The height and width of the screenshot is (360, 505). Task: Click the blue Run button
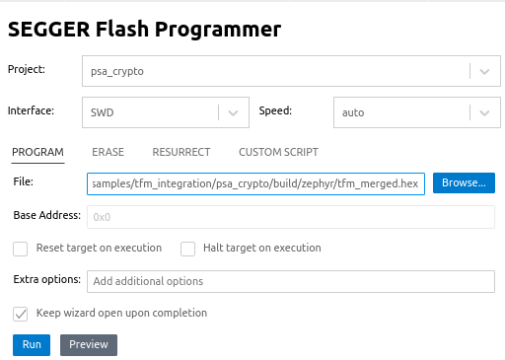click(x=32, y=344)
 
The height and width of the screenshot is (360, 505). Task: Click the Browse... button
click(x=464, y=183)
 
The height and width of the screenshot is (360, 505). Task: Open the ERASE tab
click(x=108, y=152)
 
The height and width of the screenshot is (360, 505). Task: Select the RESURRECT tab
click(x=181, y=152)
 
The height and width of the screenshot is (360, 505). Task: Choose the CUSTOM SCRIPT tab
click(x=278, y=152)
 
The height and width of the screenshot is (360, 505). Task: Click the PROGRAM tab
click(x=37, y=152)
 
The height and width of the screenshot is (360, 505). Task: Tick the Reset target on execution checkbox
click(x=21, y=249)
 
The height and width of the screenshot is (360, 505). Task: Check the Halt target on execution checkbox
click(x=188, y=249)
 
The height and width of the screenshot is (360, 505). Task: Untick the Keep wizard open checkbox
click(x=21, y=314)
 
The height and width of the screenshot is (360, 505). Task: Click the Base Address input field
click(x=290, y=217)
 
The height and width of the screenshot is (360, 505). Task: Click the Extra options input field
click(x=290, y=281)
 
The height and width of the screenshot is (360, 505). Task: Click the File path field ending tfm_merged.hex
click(x=255, y=183)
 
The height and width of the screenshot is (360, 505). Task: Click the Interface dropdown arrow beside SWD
click(x=233, y=112)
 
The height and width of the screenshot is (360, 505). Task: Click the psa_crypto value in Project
click(x=118, y=72)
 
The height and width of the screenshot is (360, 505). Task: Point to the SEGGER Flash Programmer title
click(x=144, y=29)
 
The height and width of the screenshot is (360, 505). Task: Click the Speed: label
click(x=275, y=110)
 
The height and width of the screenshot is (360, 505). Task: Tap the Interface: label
click(x=31, y=110)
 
